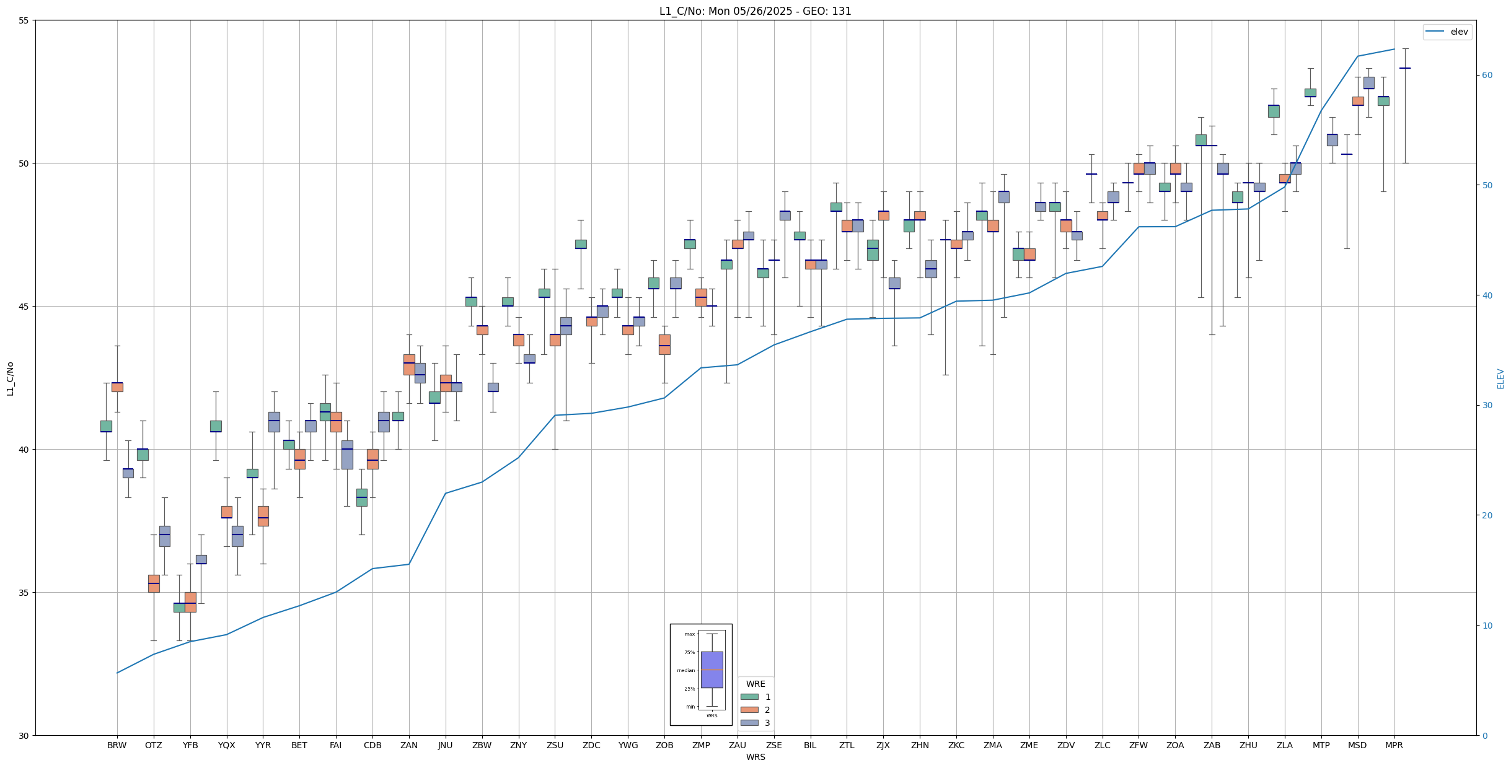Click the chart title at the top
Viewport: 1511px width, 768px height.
755,11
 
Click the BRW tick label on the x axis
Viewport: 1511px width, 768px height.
117,745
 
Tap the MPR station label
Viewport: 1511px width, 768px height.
1394,745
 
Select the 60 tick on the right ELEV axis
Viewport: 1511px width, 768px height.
1486,76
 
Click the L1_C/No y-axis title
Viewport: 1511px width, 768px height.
10,378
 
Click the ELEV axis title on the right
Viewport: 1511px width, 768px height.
1500,378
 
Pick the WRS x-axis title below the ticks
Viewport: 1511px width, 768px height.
755,757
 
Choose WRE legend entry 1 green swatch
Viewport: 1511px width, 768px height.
749,697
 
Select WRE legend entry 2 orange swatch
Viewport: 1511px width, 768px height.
749,710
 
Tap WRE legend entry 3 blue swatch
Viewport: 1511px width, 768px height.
749,723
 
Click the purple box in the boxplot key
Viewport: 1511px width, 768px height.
711,670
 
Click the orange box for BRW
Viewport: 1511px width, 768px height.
117,387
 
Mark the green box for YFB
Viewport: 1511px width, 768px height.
179,608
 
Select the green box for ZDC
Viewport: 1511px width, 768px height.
581,244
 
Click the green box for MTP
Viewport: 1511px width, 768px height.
1310,93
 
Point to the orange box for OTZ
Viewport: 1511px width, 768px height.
154,583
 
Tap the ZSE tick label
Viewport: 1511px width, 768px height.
773,745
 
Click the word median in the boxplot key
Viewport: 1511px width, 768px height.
685,670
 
